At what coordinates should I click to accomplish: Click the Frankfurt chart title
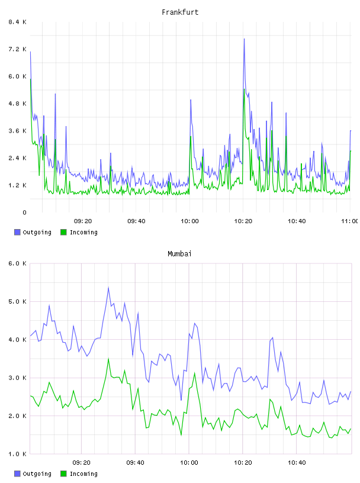[x=180, y=12]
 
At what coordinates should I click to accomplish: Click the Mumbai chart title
[x=179, y=254]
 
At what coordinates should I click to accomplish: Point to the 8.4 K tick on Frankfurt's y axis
[x=17, y=22]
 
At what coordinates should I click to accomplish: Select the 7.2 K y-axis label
[x=17, y=49]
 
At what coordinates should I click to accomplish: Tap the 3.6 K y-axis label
[x=17, y=131]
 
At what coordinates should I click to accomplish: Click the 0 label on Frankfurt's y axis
[x=24, y=212]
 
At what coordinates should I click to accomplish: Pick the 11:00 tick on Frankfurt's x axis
[x=350, y=221]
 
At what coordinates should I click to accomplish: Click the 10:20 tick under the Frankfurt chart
[x=243, y=221]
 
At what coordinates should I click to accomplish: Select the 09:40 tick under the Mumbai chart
[x=135, y=463]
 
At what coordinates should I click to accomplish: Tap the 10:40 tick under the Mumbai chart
[x=297, y=463]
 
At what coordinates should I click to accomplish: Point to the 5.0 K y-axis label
[x=17, y=301]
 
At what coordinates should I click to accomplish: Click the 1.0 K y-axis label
[x=17, y=454]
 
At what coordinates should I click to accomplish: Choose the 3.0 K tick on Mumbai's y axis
[x=17, y=378]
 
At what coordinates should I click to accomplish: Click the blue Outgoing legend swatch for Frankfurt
[x=17, y=232]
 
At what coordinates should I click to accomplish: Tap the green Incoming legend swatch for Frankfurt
[x=63, y=232]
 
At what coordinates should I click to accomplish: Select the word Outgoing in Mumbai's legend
[x=37, y=474]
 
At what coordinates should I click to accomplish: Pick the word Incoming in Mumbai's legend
[x=83, y=474]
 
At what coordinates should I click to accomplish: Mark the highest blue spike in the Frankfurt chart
[x=244, y=39]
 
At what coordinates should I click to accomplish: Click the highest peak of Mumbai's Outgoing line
[x=108, y=288]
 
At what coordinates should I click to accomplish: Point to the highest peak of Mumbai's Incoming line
[x=108, y=359]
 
